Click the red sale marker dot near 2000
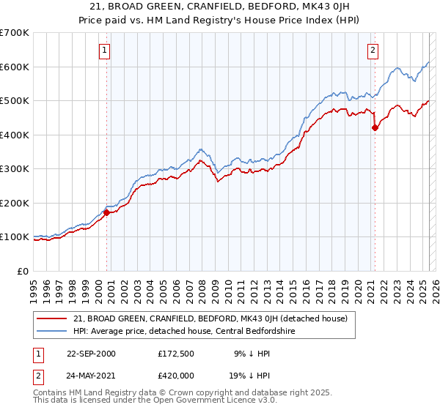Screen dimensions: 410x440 point(106,213)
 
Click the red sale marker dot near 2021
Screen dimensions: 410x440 point(375,127)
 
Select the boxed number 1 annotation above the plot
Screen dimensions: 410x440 point(105,51)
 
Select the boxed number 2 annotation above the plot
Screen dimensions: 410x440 point(373,51)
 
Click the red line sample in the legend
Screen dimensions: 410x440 point(51,318)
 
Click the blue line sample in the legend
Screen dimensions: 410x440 point(51,332)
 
